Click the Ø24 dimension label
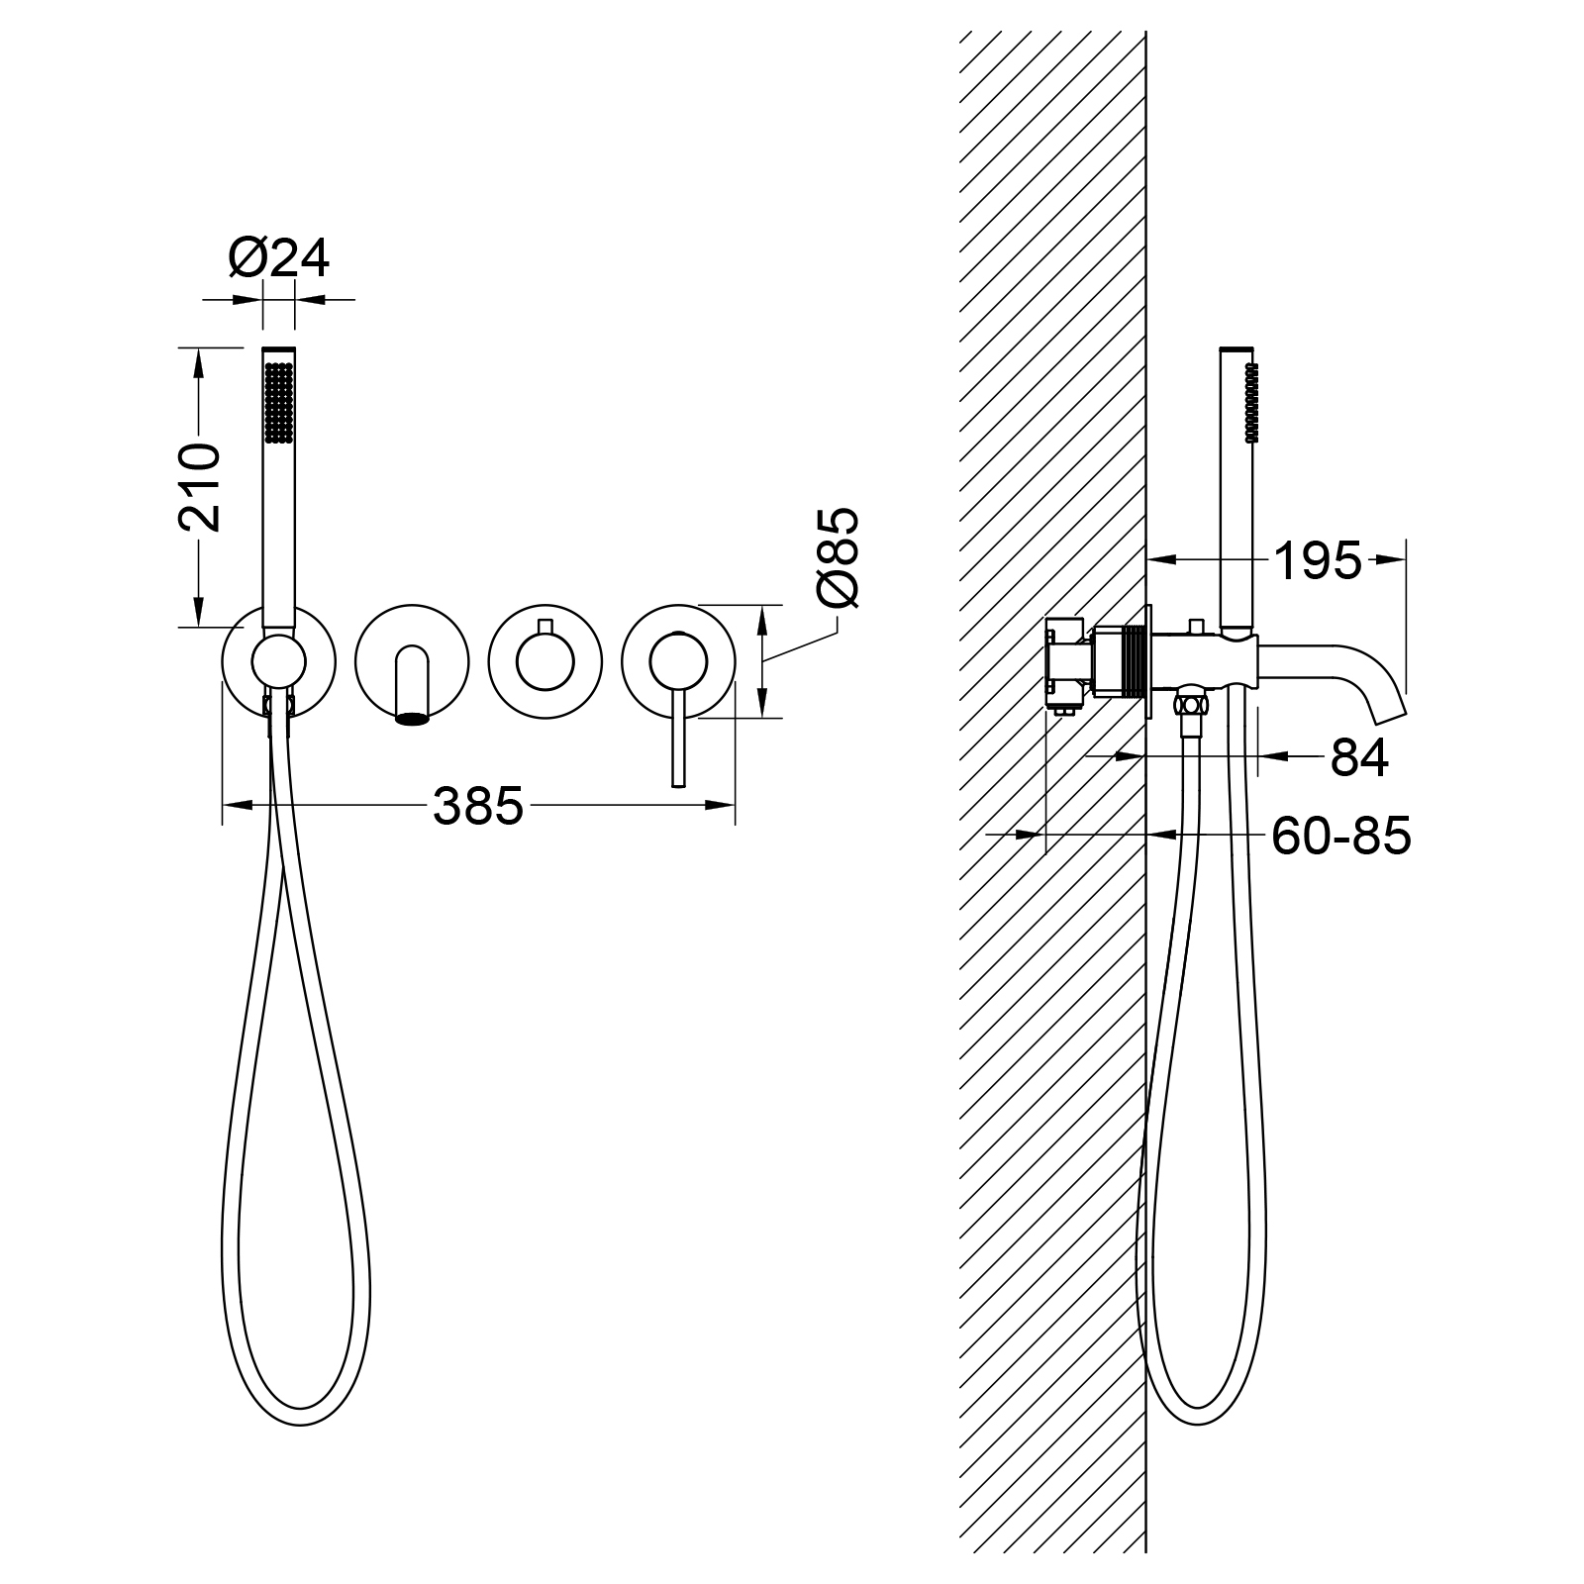278,258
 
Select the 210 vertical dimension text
199,488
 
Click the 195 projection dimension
1318,561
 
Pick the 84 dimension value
1359,758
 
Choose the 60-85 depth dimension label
1341,837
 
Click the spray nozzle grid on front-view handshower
278,401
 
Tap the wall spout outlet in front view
414,720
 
